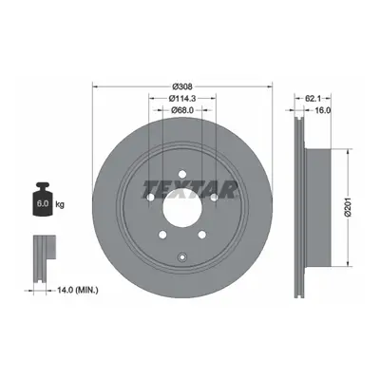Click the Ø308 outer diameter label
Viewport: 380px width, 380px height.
click(x=182, y=86)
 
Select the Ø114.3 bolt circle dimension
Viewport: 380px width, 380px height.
click(x=182, y=99)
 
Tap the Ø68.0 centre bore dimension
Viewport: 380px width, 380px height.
click(x=182, y=110)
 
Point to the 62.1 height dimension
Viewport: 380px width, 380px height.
click(x=313, y=99)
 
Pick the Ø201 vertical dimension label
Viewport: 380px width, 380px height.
click(x=349, y=207)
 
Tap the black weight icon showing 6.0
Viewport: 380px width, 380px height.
click(x=43, y=199)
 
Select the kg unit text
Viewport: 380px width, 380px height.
click(x=60, y=204)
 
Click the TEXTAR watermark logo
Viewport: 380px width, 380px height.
click(x=190, y=189)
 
